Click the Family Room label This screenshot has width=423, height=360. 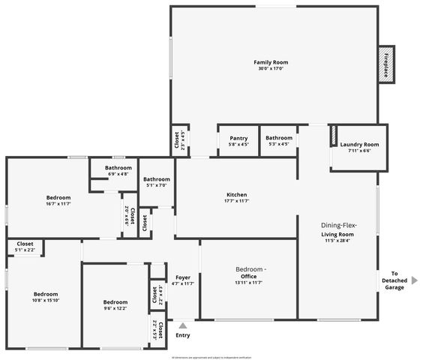point(270,62)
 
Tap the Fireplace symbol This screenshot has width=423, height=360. point(386,63)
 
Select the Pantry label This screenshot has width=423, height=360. point(238,138)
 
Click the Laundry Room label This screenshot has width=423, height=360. point(359,145)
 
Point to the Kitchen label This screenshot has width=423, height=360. point(235,195)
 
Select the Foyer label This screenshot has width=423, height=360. point(182,277)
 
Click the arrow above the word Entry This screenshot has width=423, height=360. point(182,325)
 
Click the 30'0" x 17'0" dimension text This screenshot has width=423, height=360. point(270,69)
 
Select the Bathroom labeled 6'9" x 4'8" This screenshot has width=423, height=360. point(118,168)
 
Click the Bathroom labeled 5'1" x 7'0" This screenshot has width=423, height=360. point(157,179)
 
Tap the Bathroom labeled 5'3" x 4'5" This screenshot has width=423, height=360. point(278,138)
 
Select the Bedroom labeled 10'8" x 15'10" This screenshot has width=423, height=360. point(45,294)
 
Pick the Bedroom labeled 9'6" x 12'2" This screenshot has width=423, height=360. point(115,302)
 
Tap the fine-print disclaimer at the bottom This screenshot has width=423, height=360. point(211,358)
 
